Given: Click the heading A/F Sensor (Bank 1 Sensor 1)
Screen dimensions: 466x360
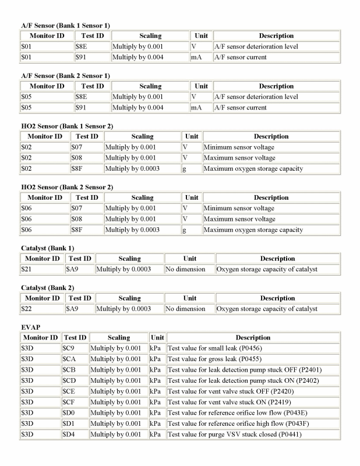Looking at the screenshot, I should (x=65, y=26).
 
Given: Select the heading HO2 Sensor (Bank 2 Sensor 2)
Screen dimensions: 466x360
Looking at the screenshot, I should (x=67, y=186).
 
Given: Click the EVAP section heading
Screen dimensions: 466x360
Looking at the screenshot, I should (x=30, y=328).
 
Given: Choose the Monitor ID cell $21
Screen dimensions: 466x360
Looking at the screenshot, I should (x=25, y=269).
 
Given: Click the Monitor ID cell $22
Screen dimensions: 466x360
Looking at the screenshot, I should (x=25, y=309).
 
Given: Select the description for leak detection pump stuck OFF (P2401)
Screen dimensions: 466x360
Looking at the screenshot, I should (x=245, y=370).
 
